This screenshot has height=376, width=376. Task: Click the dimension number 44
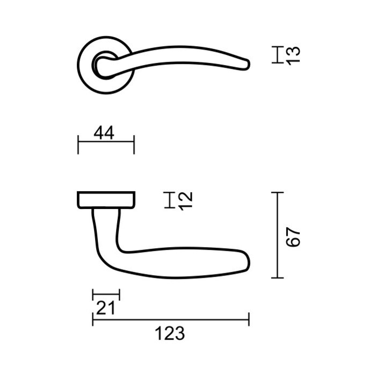(105, 133)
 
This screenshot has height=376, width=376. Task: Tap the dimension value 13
(292, 56)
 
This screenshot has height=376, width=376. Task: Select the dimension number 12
(185, 200)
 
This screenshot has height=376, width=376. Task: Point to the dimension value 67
(292, 237)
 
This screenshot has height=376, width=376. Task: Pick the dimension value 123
(170, 333)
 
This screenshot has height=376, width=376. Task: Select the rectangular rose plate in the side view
(106, 199)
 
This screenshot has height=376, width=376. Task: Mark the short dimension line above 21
(106, 295)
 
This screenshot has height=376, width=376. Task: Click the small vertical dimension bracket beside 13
(277, 55)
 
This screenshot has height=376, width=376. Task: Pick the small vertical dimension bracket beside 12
(170, 200)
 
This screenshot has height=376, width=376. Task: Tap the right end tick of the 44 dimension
(134, 143)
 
